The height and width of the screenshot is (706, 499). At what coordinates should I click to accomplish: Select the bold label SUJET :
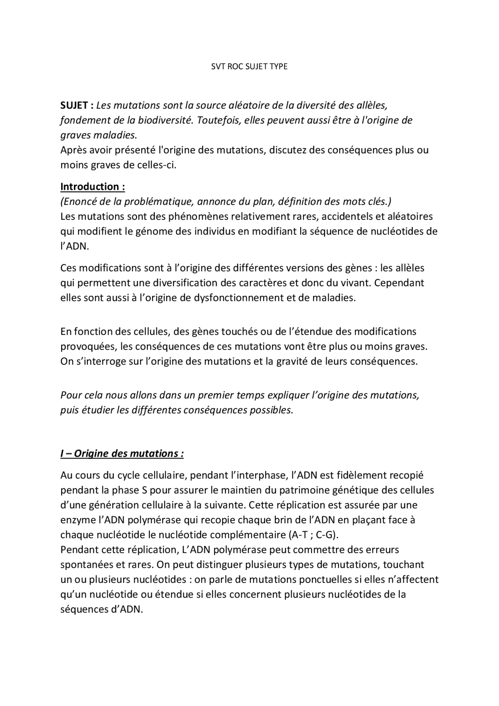pos(77,105)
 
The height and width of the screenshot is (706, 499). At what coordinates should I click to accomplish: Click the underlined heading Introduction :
pos(92,187)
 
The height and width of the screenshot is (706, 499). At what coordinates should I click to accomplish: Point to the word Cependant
pos(399,283)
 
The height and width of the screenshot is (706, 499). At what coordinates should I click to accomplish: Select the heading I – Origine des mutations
pos(122,454)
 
